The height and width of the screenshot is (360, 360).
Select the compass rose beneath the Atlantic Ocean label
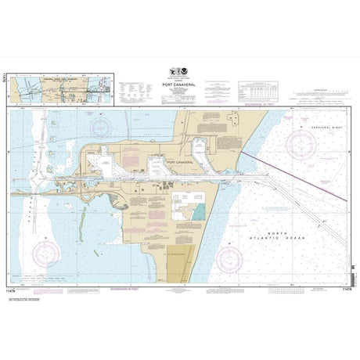click(229, 257)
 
